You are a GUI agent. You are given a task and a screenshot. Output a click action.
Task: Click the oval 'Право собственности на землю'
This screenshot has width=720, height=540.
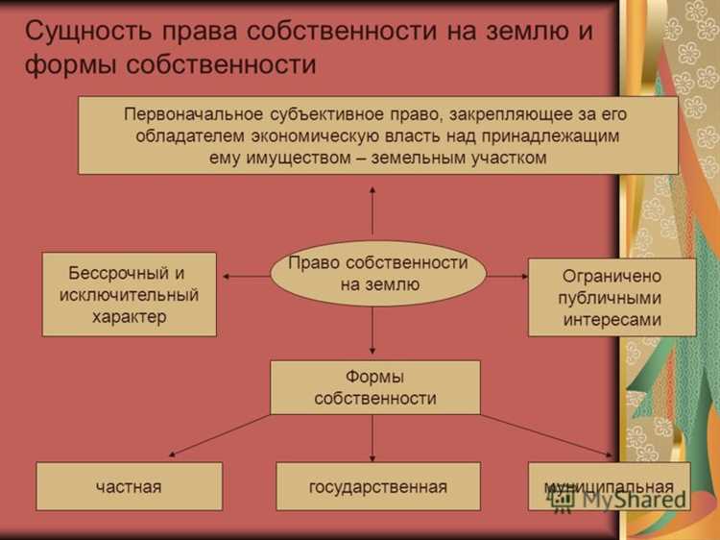click(x=377, y=274)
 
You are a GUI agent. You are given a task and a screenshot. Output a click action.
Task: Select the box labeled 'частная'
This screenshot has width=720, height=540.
click(x=129, y=486)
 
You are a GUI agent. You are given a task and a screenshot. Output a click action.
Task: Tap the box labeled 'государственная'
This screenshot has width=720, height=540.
click(x=377, y=486)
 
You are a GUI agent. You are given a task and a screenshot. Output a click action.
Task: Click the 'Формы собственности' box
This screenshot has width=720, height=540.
click(x=374, y=387)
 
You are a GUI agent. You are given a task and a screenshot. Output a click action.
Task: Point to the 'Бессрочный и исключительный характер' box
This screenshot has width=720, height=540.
click(x=129, y=294)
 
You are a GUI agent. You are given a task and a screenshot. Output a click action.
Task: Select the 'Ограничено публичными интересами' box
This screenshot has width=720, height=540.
click(x=612, y=298)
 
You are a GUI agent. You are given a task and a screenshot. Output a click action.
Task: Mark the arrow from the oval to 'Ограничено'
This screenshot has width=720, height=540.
click(x=507, y=276)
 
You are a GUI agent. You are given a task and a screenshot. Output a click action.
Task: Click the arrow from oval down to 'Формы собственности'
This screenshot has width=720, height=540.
click(x=372, y=332)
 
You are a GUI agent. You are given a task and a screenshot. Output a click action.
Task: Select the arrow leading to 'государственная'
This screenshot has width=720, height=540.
click(x=372, y=438)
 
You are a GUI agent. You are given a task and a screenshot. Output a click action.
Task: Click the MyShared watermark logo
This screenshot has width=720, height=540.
click(x=619, y=499)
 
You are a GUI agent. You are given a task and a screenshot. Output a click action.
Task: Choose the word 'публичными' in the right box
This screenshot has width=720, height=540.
click(x=612, y=298)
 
